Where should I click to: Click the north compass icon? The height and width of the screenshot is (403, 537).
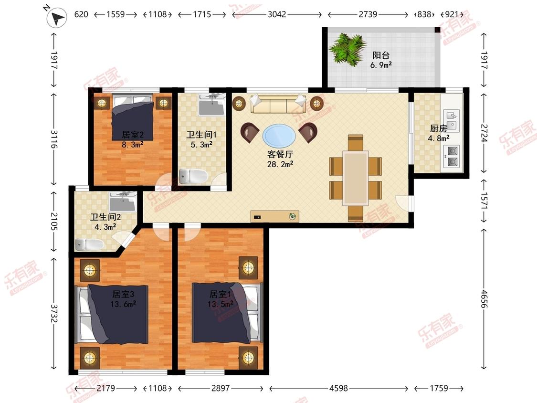click(57, 17)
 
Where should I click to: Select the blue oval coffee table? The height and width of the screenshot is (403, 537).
click(279, 135)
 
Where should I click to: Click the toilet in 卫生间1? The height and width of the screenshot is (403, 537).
click(193, 176)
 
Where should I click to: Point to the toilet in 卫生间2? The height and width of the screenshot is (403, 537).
click(89, 244)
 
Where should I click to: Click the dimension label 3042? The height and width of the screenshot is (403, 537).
click(277, 14)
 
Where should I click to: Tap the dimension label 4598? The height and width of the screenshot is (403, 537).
click(338, 388)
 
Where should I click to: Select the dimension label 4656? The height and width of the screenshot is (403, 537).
click(484, 299)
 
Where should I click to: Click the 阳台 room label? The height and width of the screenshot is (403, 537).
click(381, 55)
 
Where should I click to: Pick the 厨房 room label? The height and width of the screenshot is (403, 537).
click(438, 128)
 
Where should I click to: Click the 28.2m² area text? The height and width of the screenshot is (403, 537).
click(280, 164)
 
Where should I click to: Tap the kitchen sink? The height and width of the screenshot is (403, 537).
click(452, 120)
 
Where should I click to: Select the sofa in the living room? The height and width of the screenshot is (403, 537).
click(278, 104)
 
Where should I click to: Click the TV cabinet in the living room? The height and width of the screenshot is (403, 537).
click(274, 217)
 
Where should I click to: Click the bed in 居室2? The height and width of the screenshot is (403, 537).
click(133, 118)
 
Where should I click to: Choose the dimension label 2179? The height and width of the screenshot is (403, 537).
click(105, 388)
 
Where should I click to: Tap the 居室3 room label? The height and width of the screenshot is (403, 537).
click(123, 294)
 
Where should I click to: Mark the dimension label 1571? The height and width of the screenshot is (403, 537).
click(484, 201)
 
